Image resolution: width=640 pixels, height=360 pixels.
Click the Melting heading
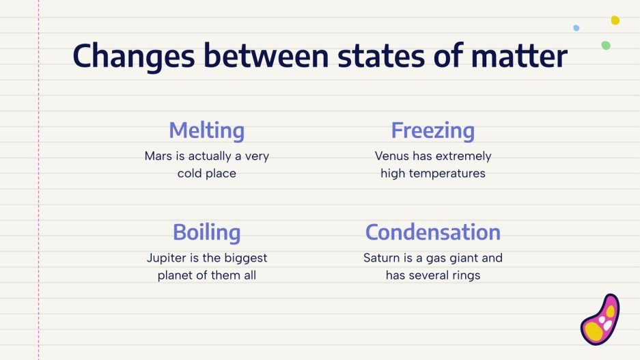(206, 130)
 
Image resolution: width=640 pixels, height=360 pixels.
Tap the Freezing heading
(432, 130)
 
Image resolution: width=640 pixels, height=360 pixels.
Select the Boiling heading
(206, 232)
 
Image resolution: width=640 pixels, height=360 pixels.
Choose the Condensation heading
(432, 232)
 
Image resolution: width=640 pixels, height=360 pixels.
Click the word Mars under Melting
(158, 156)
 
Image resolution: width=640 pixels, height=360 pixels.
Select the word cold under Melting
(190, 174)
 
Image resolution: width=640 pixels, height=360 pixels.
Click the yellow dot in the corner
(615, 20)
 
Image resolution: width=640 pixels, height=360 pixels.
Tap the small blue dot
(576, 28)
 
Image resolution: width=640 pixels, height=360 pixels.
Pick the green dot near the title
(605, 45)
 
